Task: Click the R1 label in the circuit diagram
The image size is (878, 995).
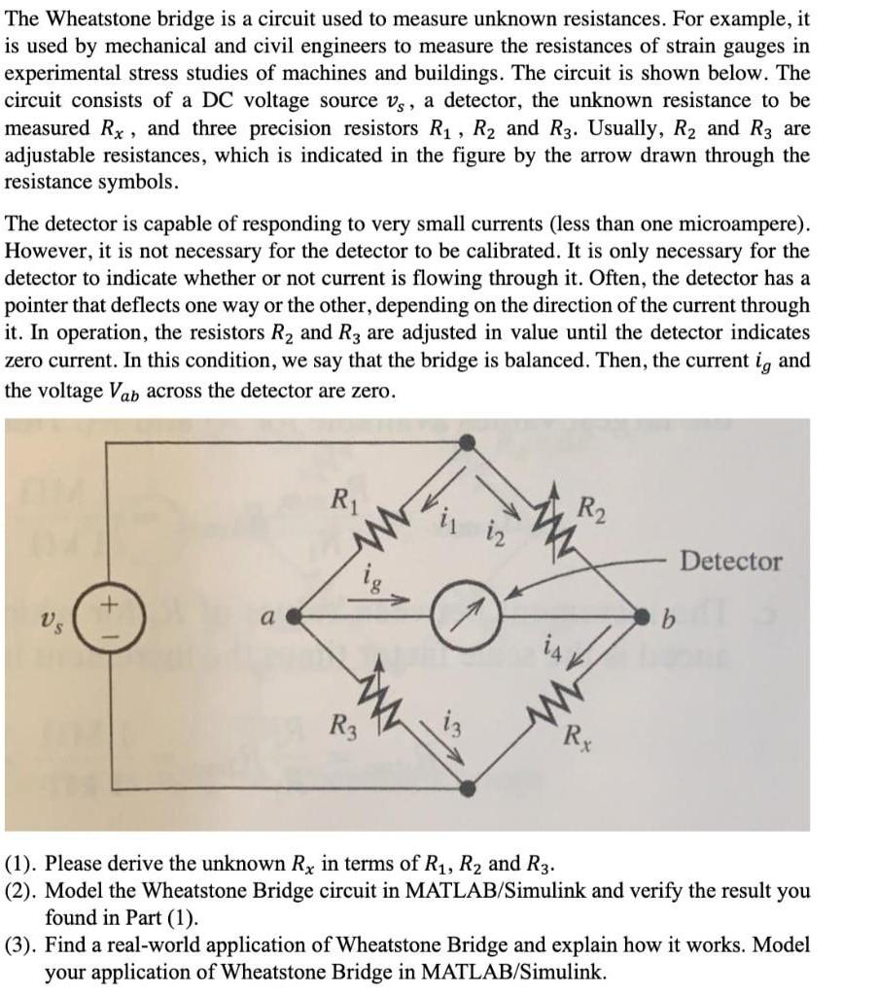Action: click(342, 502)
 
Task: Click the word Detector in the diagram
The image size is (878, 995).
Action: click(731, 561)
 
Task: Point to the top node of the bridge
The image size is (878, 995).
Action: click(468, 442)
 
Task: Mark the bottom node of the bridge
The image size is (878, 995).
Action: click(467, 786)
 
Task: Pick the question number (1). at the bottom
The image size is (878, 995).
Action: click(22, 863)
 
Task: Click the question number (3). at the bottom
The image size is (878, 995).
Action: click(22, 945)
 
